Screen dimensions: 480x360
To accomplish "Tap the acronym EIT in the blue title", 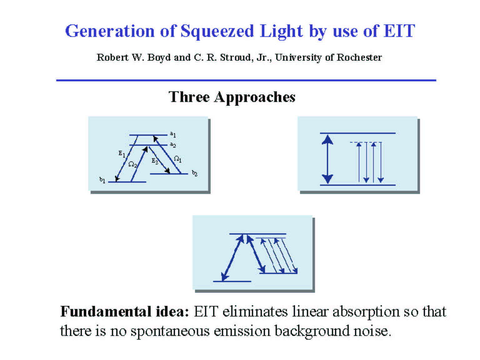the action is point(399,31).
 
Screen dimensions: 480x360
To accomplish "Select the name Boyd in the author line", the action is point(159,58).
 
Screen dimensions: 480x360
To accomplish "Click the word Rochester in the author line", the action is point(359,57).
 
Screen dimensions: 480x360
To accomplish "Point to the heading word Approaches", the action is point(255,98).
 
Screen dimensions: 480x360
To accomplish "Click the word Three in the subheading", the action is point(189,97).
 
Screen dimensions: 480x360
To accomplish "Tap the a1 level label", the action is point(173,134).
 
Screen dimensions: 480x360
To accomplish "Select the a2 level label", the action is point(173,145).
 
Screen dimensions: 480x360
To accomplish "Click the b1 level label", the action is point(102,180).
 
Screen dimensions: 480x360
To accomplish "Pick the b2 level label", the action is point(194,173).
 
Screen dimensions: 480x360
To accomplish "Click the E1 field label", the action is point(122,154).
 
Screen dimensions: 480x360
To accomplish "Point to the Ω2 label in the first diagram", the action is point(132,164).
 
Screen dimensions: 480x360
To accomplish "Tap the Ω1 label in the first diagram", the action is point(177,159).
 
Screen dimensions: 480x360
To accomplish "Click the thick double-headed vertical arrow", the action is point(327,159).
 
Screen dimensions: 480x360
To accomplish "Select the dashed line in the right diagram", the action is point(366,142).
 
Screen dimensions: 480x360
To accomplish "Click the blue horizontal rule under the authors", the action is point(246,80).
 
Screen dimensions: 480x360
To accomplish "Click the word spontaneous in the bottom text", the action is point(170,331).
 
